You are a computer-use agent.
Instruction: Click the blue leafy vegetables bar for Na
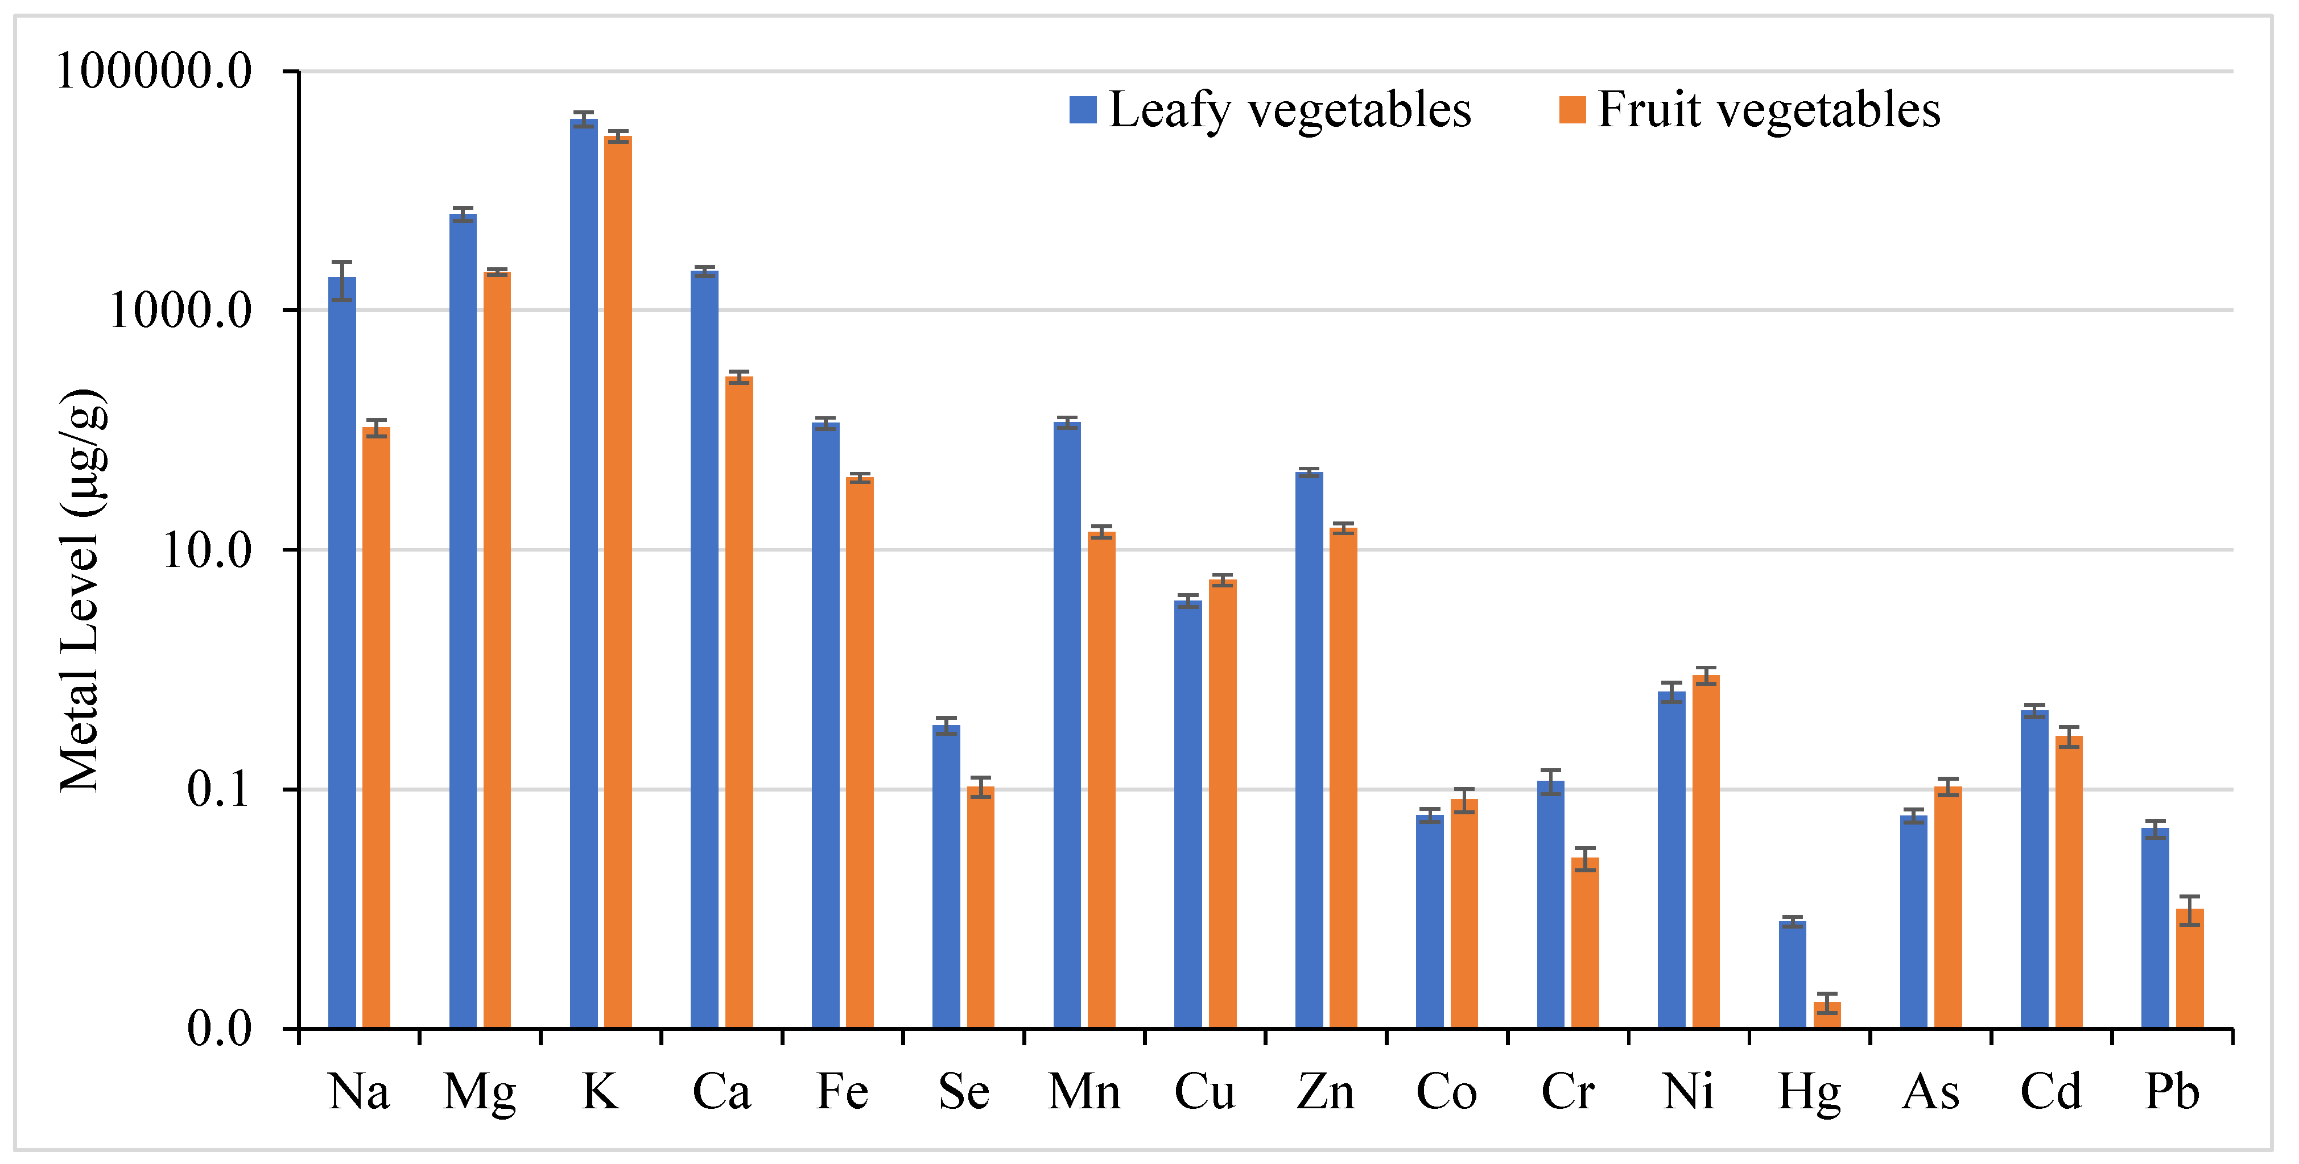click(342, 651)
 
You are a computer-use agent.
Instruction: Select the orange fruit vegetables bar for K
click(618, 580)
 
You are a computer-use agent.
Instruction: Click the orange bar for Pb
click(2189, 968)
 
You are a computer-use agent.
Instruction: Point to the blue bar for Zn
click(1309, 749)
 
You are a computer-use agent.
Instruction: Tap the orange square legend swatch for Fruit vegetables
click(1572, 110)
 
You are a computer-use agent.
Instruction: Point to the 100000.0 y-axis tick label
click(154, 71)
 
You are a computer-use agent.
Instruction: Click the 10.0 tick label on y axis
click(207, 550)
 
